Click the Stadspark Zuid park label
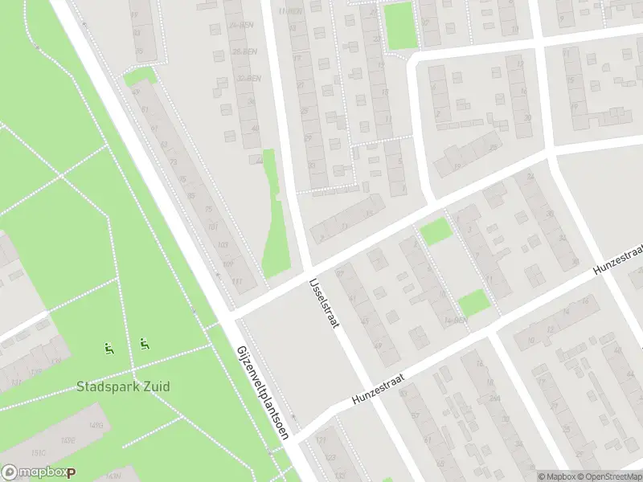pyautogui.click(x=123, y=386)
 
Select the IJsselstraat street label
pyautogui.click(x=324, y=303)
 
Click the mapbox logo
pyautogui.click(x=38, y=473)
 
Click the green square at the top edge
pyautogui.click(x=399, y=24)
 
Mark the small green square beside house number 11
pyautogui.click(x=473, y=303)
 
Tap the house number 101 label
pyautogui.click(x=212, y=227)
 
